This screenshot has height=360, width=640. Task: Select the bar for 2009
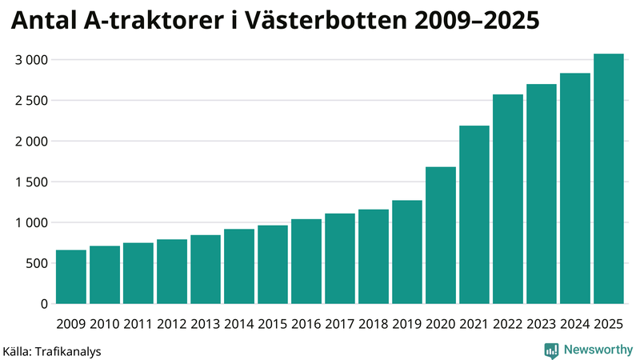pos(71,277)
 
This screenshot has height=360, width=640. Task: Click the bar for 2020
pos(441,235)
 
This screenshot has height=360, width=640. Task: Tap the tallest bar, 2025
pos(609,179)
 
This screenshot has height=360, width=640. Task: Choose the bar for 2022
pos(508,199)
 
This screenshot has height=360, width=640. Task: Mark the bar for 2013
pos(206,270)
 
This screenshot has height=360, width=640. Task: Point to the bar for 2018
pos(374,257)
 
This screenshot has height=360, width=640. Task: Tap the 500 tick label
pos(38,264)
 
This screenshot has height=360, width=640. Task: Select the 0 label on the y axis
pos(45,304)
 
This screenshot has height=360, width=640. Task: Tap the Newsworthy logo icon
pos(552,350)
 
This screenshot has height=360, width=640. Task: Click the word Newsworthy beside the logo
pos(598,350)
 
